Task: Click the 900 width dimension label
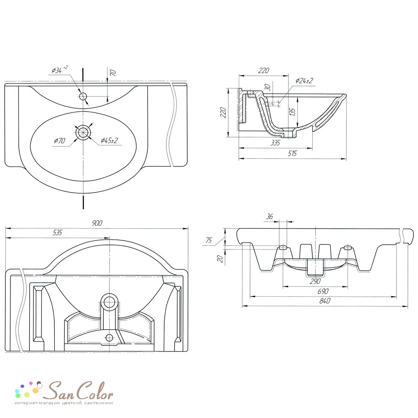pyautogui.click(x=97, y=223)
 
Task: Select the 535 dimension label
pyautogui.click(x=57, y=232)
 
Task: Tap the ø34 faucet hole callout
pyautogui.click(x=59, y=69)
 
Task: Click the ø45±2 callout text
pyautogui.click(x=109, y=140)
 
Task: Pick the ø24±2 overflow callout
pyautogui.click(x=304, y=81)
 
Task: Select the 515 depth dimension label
pyautogui.click(x=292, y=153)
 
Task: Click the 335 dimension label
pyautogui.click(x=275, y=143)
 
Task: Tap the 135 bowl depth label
pyautogui.click(x=293, y=112)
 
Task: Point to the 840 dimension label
pyautogui.click(x=325, y=301)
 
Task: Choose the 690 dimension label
pyautogui.click(x=323, y=291)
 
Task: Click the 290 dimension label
pyautogui.click(x=315, y=281)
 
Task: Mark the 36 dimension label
pyautogui.click(x=270, y=217)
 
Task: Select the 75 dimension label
pyautogui.click(x=209, y=240)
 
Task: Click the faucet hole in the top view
pyautogui.click(x=83, y=96)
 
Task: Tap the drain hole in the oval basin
pyautogui.click(x=84, y=132)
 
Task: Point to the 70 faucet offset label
pyautogui.click(x=113, y=73)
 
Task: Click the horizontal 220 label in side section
pyautogui.click(x=264, y=70)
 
